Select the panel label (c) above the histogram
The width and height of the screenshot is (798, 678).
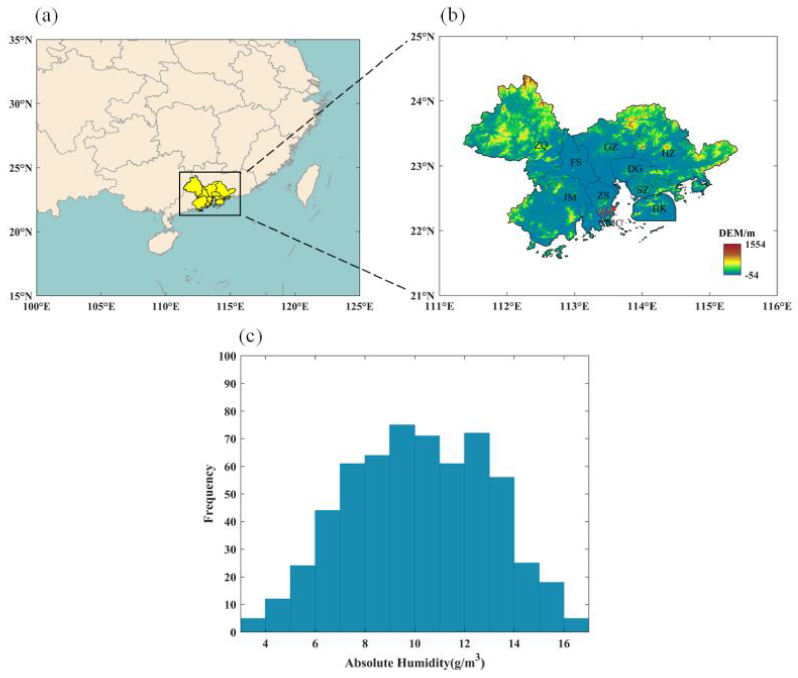(250, 337)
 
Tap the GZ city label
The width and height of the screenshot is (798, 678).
(611, 147)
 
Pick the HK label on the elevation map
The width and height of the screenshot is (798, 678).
(659, 209)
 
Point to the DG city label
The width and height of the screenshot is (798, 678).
(635, 168)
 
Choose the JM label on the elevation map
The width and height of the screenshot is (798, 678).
(570, 198)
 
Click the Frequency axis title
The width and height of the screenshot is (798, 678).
(209, 494)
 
